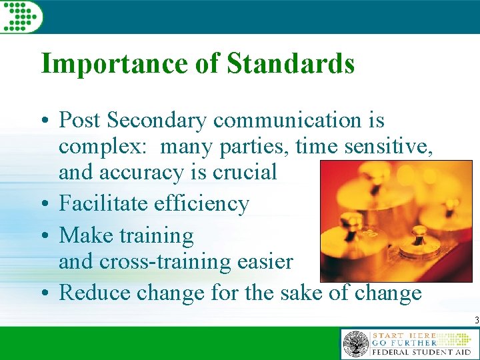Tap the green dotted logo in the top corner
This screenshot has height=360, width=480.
[20, 15]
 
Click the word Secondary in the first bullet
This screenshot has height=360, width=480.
[157, 121]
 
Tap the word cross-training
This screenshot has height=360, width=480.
[167, 262]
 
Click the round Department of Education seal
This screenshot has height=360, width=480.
[355, 344]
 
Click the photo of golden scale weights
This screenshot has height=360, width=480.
[396, 221]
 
